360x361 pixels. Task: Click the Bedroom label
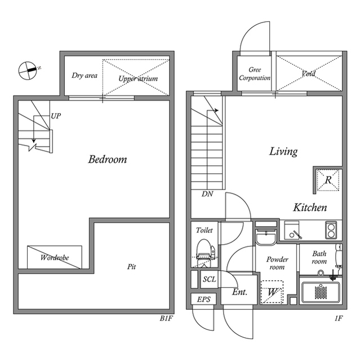coord(108,159)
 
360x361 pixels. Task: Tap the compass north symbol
coord(28,71)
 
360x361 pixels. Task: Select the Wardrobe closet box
coord(55,257)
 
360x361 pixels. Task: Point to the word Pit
coord(131,267)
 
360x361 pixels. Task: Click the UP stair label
coord(56,116)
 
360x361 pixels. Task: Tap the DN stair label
coord(207,194)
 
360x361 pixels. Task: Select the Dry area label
coord(85,76)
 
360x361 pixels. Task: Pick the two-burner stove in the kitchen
coord(331,230)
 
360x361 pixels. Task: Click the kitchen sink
coord(292,230)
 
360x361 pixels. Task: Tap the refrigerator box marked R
coord(328,180)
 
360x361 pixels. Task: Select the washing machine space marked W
coord(272,292)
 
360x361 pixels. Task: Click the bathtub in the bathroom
coord(321,292)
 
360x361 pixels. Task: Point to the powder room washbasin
coord(266,237)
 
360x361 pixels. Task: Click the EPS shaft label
coord(204,300)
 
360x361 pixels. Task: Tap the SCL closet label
coord(210,279)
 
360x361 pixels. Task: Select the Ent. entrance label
coord(239,292)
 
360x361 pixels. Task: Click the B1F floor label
coord(166,319)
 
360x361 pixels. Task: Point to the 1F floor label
coord(339,319)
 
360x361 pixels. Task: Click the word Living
coord(283,152)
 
